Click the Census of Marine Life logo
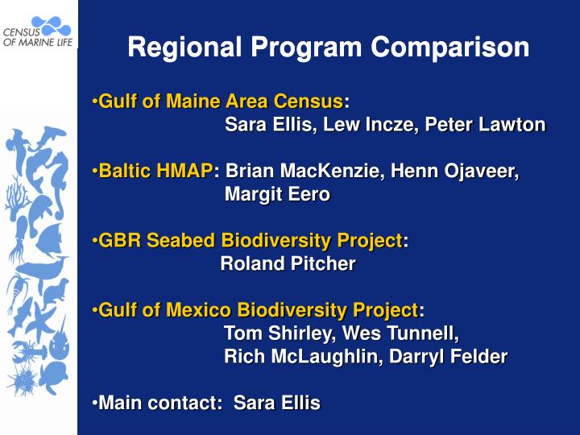[39, 31]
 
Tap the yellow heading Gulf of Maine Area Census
[220, 102]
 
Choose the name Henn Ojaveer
[459, 172]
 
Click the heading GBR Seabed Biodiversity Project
[250, 241]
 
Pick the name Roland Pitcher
[288, 263]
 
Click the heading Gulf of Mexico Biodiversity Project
[258, 310]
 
